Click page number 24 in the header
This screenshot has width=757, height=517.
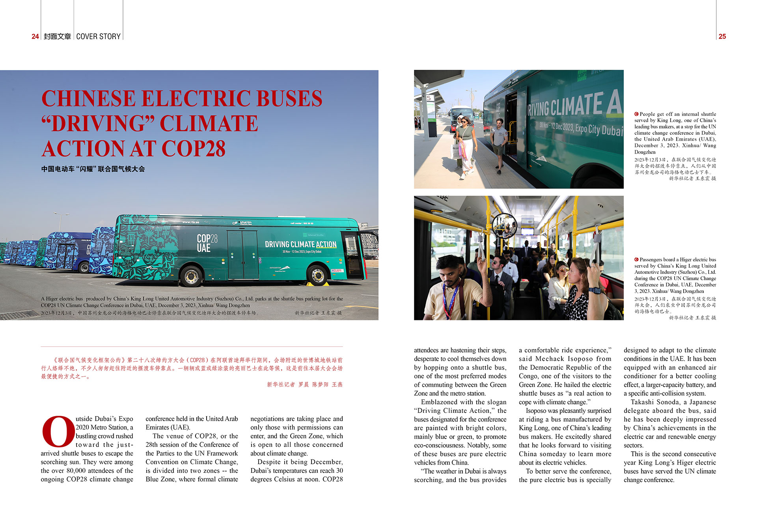coord(35,36)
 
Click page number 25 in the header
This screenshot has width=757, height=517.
coord(722,36)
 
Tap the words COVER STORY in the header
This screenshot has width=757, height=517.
coord(98,36)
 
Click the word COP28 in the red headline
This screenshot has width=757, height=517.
coord(193,149)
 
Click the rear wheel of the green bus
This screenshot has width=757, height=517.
coord(192,275)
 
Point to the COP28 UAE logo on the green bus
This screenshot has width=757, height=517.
coord(207,243)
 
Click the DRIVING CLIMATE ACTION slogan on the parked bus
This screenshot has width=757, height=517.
coord(300,244)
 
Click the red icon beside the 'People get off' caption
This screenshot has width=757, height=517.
coord(636,114)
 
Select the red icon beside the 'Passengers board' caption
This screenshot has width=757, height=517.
coord(636,259)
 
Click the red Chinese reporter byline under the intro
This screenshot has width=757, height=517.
coord(304,384)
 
